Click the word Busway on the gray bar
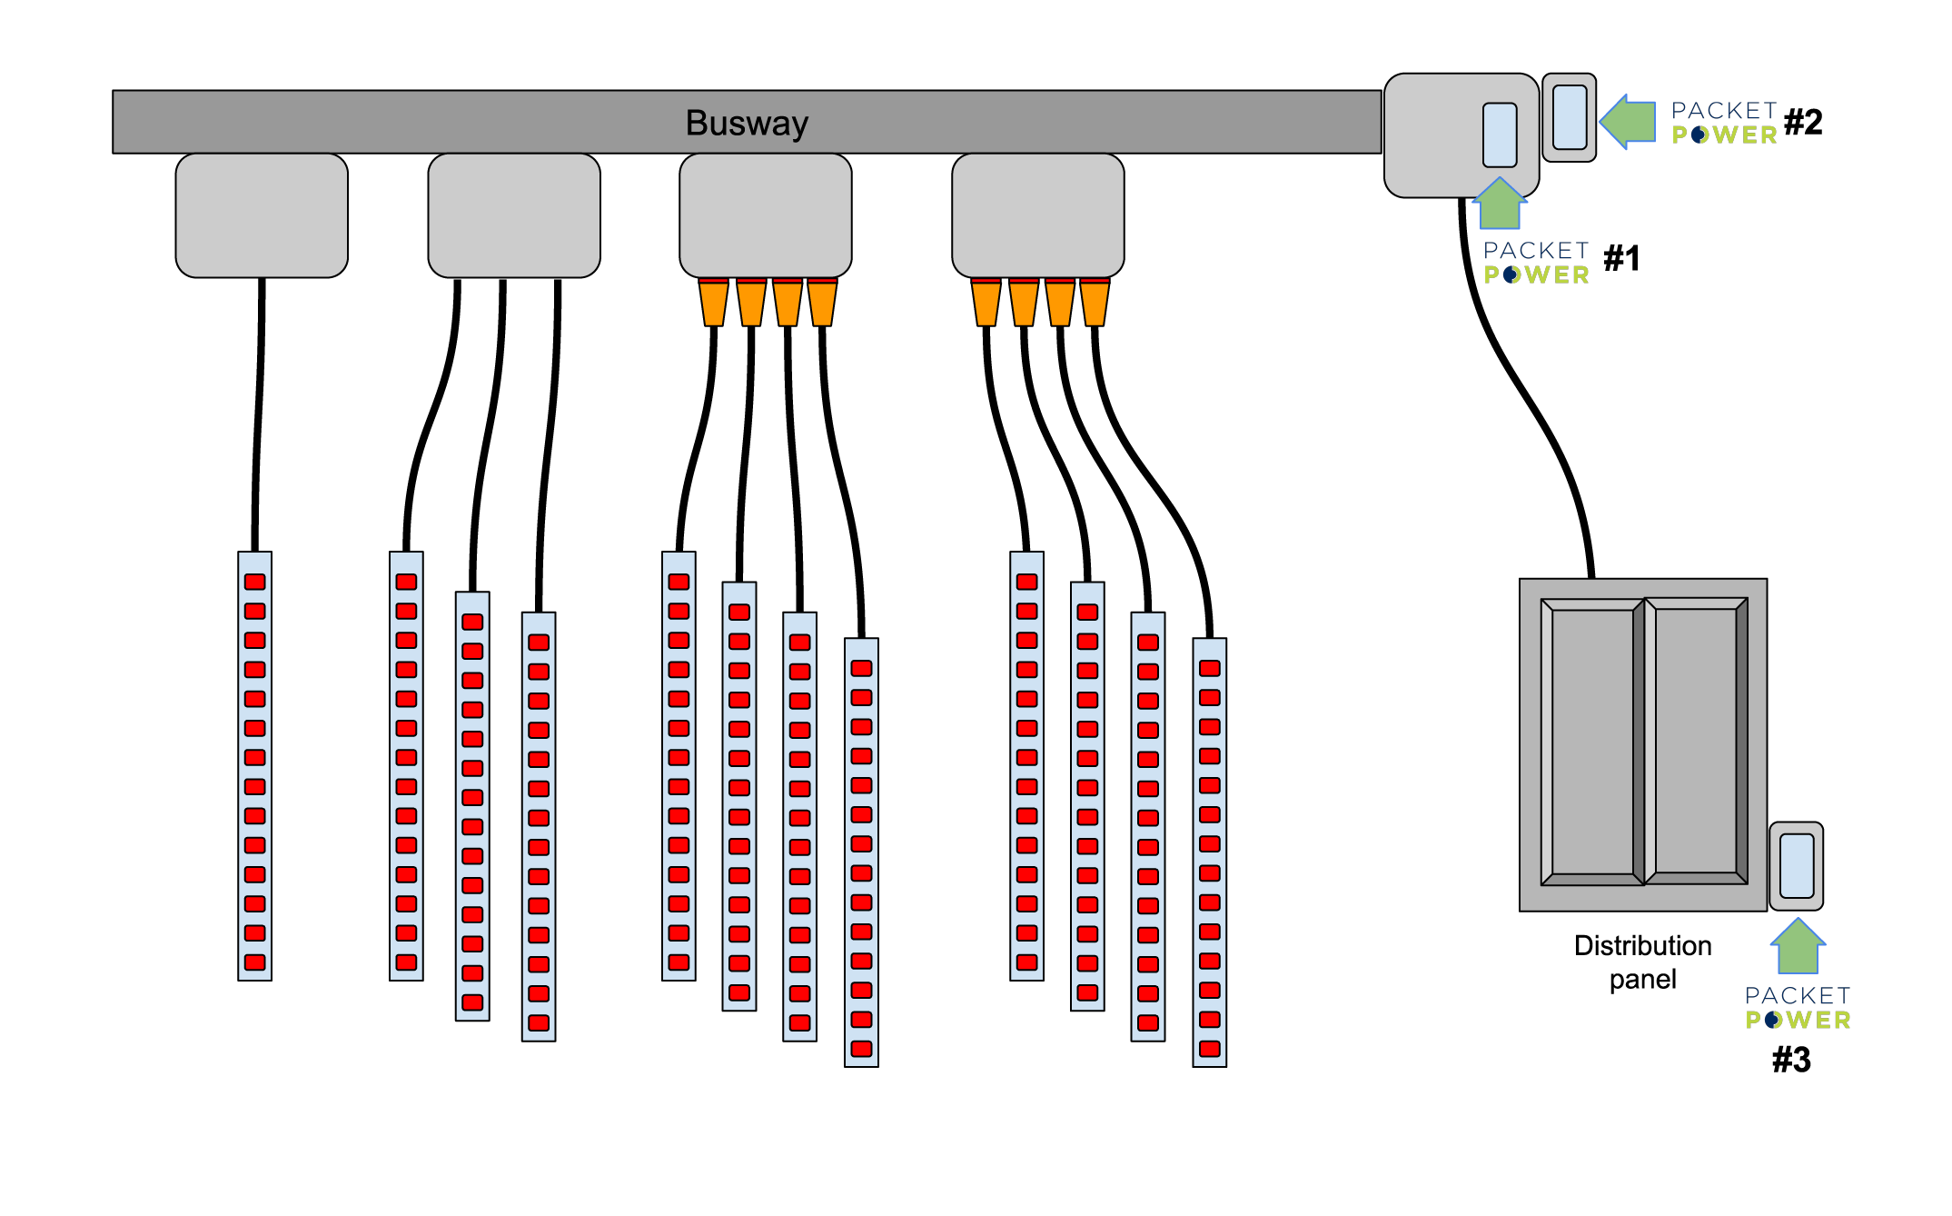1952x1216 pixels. click(x=747, y=123)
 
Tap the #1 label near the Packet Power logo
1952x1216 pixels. click(x=1621, y=259)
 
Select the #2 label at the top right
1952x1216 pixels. click(x=1803, y=122)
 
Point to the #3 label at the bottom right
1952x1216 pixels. click(x=1791, y=1060)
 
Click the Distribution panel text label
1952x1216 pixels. click(x=1642, y=962)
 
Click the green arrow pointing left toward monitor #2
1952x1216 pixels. click(x=1628, y=121)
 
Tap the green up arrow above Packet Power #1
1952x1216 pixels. click(x=1500, y=204)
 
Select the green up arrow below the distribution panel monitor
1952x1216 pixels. click(x=1798, y=946)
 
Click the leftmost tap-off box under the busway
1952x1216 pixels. click(x=262, y=215)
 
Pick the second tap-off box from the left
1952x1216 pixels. click(x=514, y=215)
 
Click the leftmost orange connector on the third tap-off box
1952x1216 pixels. click(x=713, y=303)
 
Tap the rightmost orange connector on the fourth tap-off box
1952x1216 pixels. click(x=1095, y=303)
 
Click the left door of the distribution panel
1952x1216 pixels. click(x=1591, y=741)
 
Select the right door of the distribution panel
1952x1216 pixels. click(x=1696, y=741)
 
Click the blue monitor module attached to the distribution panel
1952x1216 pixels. click(x=1797, y=866)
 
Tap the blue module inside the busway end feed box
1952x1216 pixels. click(x=1500, y=135)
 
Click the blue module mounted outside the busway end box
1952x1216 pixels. click(x=1570, y=116)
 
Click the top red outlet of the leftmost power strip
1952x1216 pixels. click(x=255, y=582)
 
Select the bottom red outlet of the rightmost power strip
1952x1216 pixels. click(x=1210, y=1049)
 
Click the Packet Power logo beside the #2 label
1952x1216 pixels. click(x=1724, y=123)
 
